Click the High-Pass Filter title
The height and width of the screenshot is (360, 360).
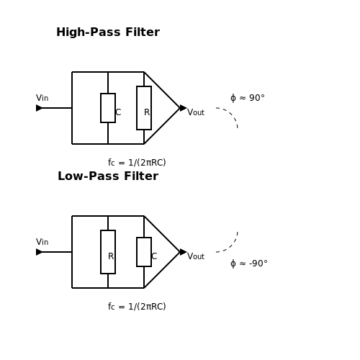(108, 32)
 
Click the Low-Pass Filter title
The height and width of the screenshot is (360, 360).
(108, 176)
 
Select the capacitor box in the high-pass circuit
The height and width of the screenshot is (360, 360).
(108, 108)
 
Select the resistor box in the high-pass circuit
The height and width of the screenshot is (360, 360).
(144, 108)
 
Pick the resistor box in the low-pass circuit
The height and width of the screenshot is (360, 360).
(108, 252)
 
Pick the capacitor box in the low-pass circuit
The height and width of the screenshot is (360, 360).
(144, 252)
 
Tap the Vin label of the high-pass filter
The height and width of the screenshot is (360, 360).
(42, 98)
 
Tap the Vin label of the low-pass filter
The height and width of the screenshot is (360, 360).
(42, 242)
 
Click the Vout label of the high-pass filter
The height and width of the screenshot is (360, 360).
(196, 112)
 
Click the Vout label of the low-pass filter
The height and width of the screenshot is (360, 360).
(196, 256)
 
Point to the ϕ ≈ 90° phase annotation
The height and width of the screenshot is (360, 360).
(248, 98)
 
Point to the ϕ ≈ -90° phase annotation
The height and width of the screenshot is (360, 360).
(249, 264)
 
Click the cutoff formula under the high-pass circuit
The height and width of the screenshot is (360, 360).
(137, 163)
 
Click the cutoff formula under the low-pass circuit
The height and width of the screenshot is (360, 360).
(137, 307)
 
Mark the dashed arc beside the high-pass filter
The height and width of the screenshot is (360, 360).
(231, 114)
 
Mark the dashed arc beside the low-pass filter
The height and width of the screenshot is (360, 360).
(231, 246)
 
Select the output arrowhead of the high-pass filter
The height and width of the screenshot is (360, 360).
(183, 108)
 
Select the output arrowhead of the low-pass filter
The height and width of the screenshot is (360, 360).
(183, 252)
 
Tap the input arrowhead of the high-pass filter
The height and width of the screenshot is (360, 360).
(39, 108)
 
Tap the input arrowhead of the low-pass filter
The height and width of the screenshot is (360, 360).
(39, 252)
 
